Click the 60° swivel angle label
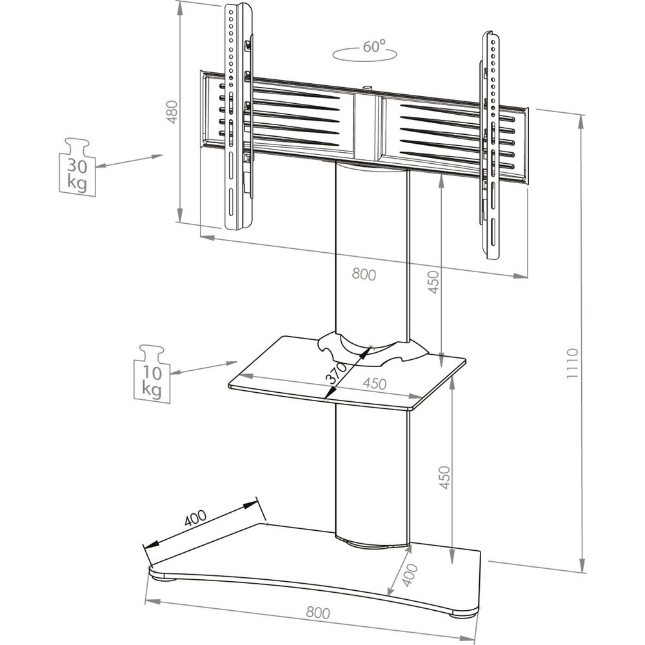click(x=374, y=46)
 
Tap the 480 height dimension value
click(x=172, y=112)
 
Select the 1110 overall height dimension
click(x=573, y=363)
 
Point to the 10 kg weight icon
click(x=152, y=373)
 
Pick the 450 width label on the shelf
click(x=374, y=383)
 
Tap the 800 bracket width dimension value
click(x=364, y=274)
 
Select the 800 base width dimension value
click(x=318, y=613)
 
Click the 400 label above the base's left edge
click(x=195, y=519)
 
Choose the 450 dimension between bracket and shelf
click(x=433, y=283)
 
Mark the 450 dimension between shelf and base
click(x=444, y=477)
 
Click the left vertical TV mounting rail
click(x=238, y=116)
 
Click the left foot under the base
click(x=164, y=579)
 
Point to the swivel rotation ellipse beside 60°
click(x=365, y=55)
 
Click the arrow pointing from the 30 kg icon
click(x=130, y=161)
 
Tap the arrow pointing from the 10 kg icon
click(x=204, y=368)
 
